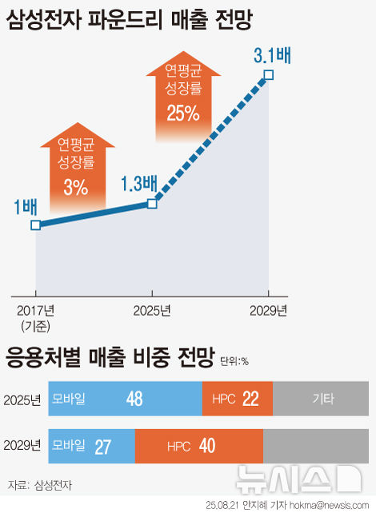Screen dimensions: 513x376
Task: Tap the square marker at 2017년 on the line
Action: (35, 225)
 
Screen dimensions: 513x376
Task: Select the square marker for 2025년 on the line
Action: (153, 204)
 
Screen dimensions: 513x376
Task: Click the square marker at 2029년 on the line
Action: (269, 75)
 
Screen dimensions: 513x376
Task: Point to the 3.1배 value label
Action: (271, 56)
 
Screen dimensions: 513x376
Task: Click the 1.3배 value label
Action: (138, 184)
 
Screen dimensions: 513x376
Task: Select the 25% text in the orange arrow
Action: (182, 113)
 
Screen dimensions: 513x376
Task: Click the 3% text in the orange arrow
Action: (75, 187)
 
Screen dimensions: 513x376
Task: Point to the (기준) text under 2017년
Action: (35, 324)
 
